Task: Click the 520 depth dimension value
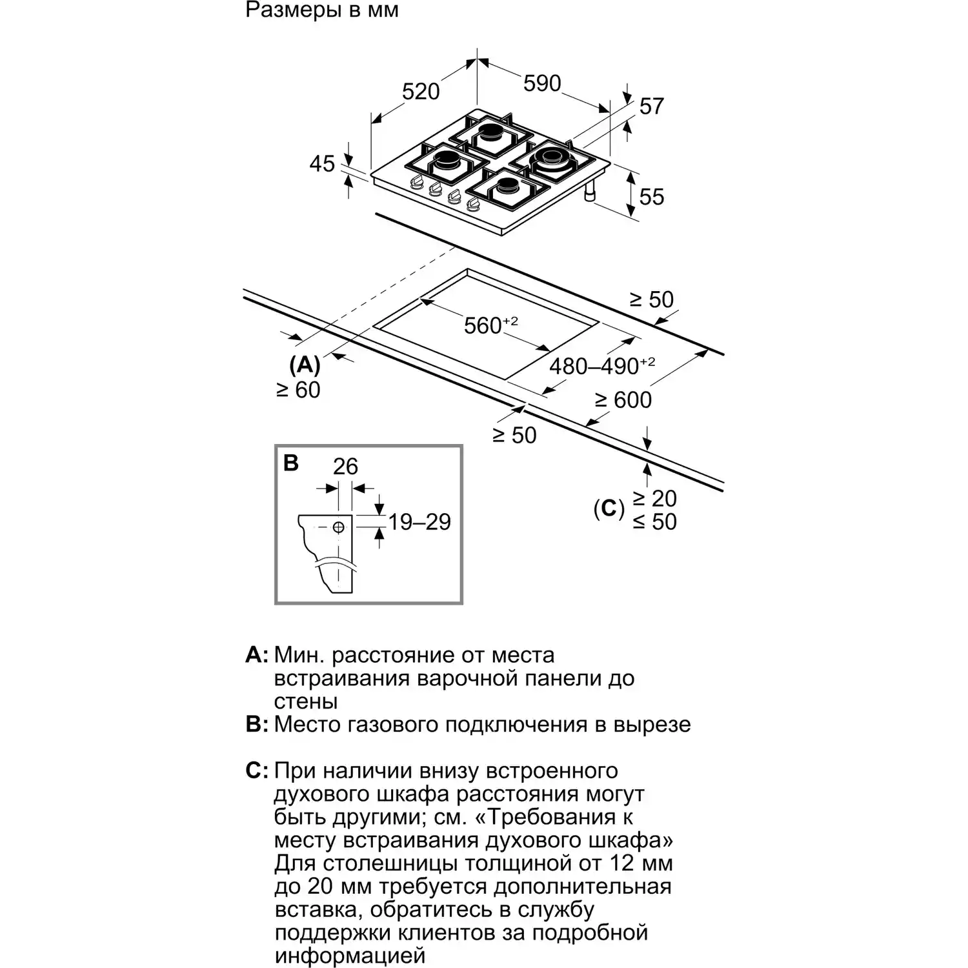tap(420, 92)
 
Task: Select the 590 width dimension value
tap(541, 83)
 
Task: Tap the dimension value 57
tap(651, 106)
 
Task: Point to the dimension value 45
tap(322, 163)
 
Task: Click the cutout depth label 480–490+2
tap(601, 366)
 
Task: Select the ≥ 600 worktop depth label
tap(623, 400)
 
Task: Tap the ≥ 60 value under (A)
tap(298, 390)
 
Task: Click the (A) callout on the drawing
tap(305, 365)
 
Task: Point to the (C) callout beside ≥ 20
tap(609, 509)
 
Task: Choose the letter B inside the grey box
tap(291, 463)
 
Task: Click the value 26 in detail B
tap(345, 466)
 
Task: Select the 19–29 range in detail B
tap(419, 521)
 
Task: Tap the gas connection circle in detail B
tap(338, 527)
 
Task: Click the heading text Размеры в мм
tap(322, 10)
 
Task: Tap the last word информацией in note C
tap(350, 955)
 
